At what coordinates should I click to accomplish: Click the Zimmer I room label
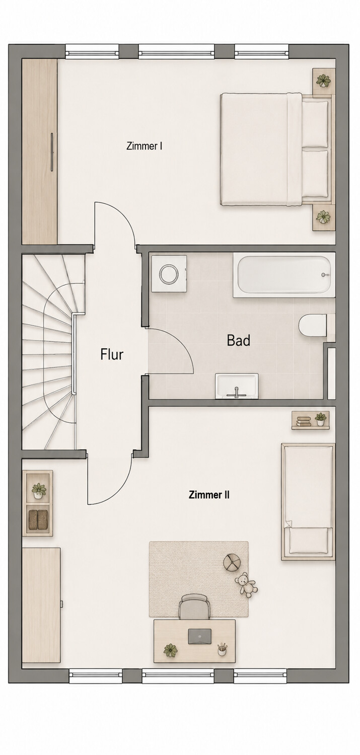[x=145, y=146]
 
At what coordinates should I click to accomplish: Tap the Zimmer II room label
[x=209, y=495]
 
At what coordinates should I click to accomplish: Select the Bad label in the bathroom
[x=238, y=340]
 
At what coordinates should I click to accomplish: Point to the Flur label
[x=112, y=354]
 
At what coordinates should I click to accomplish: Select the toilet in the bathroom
[x=313, y=326]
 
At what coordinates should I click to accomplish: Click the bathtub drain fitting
[x=325, y=275]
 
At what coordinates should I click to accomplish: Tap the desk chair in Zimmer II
[x=195, y=607]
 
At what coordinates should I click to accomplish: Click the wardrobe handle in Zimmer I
[x=52, y=152]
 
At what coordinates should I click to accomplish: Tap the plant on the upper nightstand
[x=324, y=81]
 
